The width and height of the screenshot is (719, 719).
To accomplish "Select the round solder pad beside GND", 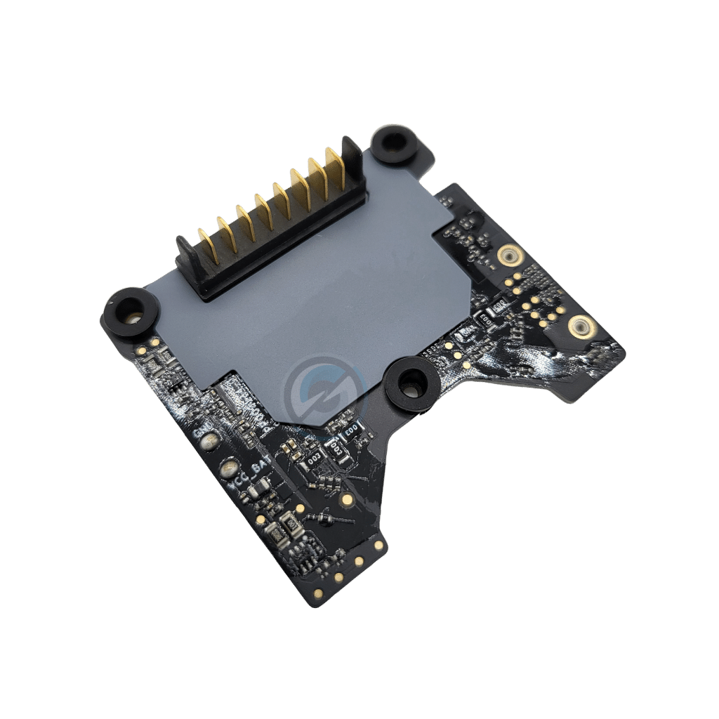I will click(209, 442).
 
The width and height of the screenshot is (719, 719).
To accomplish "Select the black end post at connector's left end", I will click(185, 253).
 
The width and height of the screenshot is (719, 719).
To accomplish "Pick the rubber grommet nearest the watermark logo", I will click(411, 382).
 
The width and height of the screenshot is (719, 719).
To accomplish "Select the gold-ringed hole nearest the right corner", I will click(580, 326).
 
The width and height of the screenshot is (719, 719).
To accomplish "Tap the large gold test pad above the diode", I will click(346, 499).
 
